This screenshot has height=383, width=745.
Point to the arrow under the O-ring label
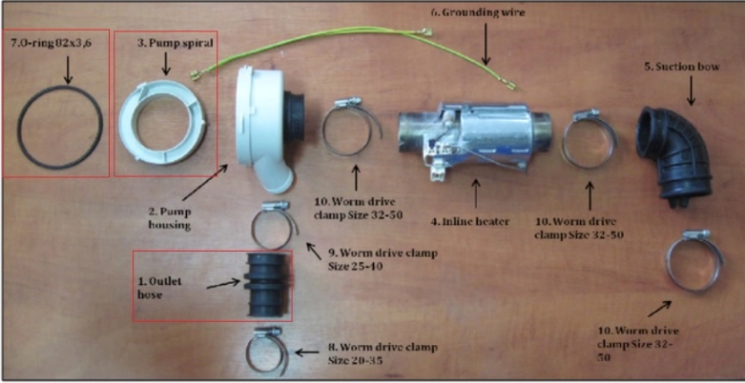pyautogui.click(x=67, y=70)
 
